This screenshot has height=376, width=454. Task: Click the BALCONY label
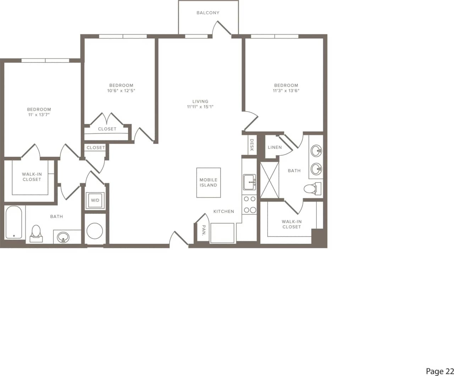[x=208, y=13]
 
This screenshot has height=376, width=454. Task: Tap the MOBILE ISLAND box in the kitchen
[x=209, y=183]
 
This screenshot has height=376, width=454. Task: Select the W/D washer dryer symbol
[x=95, y=201]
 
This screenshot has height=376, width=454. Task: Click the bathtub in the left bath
[x=14, y=222]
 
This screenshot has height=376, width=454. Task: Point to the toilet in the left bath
[x=36, y=233]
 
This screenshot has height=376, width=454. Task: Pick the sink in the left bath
[x=63, y=237]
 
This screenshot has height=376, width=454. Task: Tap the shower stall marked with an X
[x=270, y=180]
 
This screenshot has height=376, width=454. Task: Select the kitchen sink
[x=249, y=182]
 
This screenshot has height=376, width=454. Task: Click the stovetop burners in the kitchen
[x=249, y=205]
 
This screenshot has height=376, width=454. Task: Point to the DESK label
[x=252, y=145]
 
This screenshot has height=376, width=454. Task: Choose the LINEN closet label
[x=275, y=147]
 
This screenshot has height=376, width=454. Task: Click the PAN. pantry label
[x=204, y=231]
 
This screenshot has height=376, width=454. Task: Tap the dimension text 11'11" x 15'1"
[x=200, y=107]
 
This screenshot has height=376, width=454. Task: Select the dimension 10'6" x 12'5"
[x=121, y=91]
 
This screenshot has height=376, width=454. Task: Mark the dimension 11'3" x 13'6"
[x=286, y=91]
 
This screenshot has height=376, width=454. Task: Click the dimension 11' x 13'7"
[x=39, y=115]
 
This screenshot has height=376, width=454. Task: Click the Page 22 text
[x=439, y=371]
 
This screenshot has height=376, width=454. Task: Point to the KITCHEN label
[x=224, y=211]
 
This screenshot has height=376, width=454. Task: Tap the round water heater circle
[x=95, y=231]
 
